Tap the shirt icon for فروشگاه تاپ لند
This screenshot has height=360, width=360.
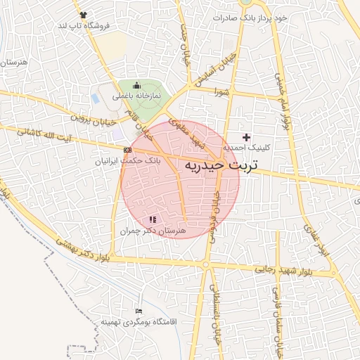click(84, 14)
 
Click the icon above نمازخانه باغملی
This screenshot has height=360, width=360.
click(137, 86)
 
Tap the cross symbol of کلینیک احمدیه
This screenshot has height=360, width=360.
click(246, 136)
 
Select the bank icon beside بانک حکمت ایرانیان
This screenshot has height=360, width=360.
click(127, 150)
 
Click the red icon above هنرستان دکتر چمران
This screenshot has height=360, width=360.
click(153, 220)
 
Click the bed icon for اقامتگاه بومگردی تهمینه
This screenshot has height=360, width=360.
click(139, 311)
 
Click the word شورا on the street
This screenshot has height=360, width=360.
click(222, 91)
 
